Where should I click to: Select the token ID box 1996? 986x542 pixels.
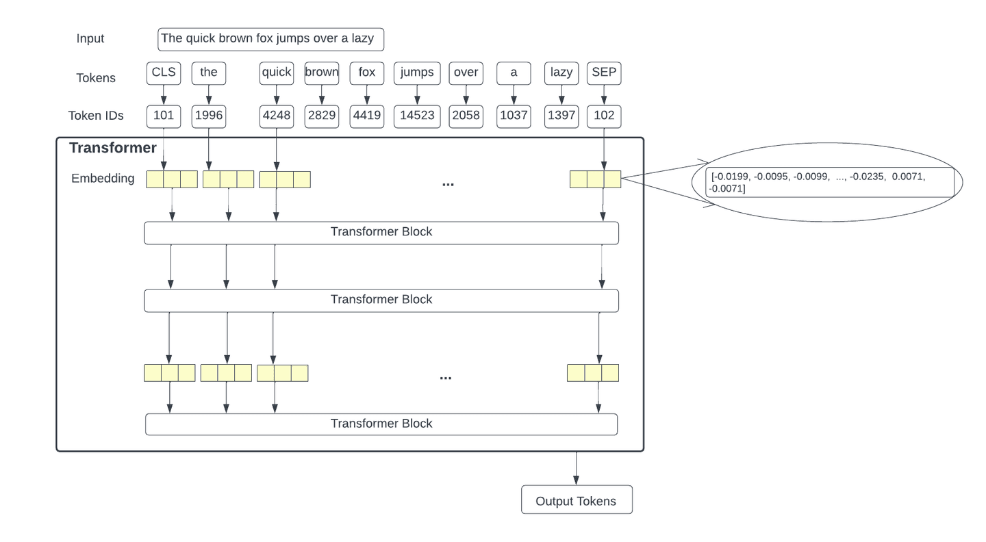[208, 116]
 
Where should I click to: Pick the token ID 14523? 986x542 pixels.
[417, 116]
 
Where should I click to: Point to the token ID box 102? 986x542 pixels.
[604, 116]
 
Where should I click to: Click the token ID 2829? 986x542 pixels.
[322, 116]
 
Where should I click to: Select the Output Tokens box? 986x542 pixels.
[577, 500]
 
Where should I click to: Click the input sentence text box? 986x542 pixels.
[270, 39]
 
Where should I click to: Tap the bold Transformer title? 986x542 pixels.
[113, 149]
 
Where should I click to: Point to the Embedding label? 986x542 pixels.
[103, 179]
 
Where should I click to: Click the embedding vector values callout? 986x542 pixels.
[829, 182]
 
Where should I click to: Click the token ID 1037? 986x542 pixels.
[514, 116]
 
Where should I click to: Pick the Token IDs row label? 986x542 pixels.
[96, 116]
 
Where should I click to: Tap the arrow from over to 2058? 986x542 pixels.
[466, 94]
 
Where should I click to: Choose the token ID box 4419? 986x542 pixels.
[367, 116]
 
